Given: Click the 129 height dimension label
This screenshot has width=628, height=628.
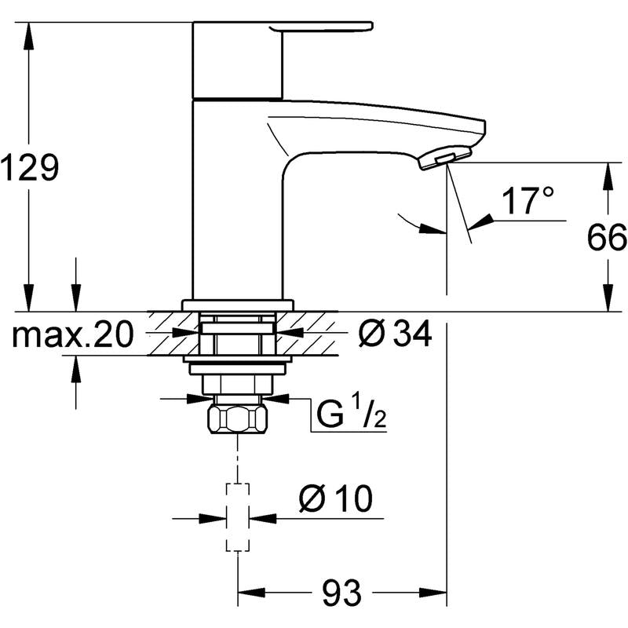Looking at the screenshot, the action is tap(29, 167).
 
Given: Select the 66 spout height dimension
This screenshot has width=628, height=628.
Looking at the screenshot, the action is tap(607, 238).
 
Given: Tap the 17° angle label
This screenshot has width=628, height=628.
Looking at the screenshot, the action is tap(528, 201).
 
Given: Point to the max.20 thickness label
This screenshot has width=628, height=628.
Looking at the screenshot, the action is tap(72, 335).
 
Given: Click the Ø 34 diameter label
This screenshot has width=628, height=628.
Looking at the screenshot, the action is tap(395, 333).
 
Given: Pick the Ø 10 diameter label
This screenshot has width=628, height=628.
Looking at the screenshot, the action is tap(336, 498).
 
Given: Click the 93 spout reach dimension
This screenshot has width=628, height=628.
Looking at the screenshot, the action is tap(341, 593).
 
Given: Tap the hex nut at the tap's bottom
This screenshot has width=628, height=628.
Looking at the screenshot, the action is tap(238, 419).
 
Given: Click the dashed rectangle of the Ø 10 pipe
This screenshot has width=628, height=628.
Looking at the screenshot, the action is tap(238, 517).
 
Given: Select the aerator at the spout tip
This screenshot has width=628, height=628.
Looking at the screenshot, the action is tap(444, 159).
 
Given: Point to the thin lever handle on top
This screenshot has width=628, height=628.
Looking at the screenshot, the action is tap(322, 27).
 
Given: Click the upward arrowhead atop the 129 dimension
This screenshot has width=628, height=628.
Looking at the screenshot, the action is tap(28, 36).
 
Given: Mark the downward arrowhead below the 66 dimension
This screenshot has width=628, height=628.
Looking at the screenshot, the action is tap(608, 298).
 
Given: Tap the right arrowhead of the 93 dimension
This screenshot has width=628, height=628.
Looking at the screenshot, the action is tap(433, 593).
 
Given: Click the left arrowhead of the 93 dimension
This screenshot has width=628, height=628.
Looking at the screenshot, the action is tap(252, 593).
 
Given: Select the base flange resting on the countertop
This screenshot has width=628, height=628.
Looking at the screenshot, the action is tap(238, 305).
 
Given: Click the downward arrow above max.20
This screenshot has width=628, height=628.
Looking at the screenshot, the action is tap(75, 284).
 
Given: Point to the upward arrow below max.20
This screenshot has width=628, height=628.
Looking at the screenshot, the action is tap(75, 382).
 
